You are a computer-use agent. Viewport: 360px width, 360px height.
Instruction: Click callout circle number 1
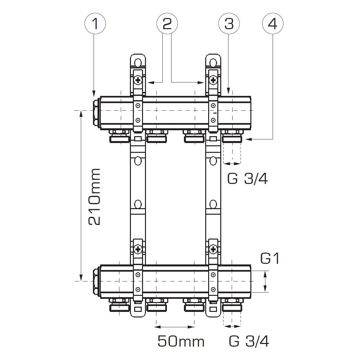[95, 24]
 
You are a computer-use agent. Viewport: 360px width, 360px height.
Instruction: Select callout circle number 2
[167, 24]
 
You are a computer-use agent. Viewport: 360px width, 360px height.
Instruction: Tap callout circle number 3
[229, 24]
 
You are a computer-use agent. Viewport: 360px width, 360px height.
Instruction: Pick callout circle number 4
[273, 24]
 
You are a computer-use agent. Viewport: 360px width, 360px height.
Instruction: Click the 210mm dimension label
[95, 197]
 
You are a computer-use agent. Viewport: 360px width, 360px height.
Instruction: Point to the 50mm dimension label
[181, 341]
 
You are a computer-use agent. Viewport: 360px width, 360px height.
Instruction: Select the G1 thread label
[270, 258]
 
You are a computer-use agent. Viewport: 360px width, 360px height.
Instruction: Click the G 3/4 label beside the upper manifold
[247, 178]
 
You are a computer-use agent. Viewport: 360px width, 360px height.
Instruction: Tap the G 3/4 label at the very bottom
[249, 341]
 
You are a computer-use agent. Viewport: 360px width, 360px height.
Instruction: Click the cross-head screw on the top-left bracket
[138, 80]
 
